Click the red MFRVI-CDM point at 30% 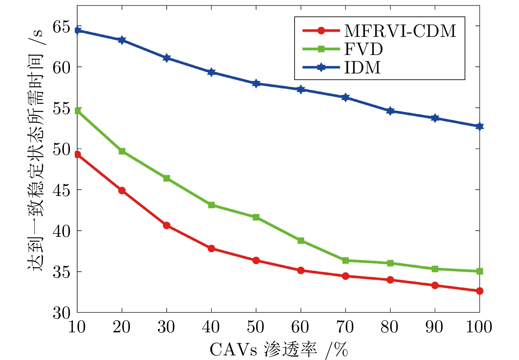tap(166, 225)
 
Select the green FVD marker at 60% tap(301, 240)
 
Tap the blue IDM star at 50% tap(256, 83)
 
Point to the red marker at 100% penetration tap(479, 291)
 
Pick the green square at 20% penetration tap(122, 151)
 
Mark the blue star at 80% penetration tap(390, 111)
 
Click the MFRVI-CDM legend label tap(400, 31)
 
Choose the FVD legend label tap(363, 49)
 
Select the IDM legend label tap(362, 68)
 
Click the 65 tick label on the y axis tap(62, 26)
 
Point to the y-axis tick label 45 tap(62, 190)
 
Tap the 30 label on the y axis tap(62, 313)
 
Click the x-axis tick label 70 tap(345, 327)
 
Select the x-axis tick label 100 tap(479, 327)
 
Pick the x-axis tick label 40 tap(211, 327)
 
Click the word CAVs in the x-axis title tap(233, 349)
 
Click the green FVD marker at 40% tap(211, 205)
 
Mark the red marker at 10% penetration tap(77, 154)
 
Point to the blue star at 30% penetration tap(166, 58)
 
